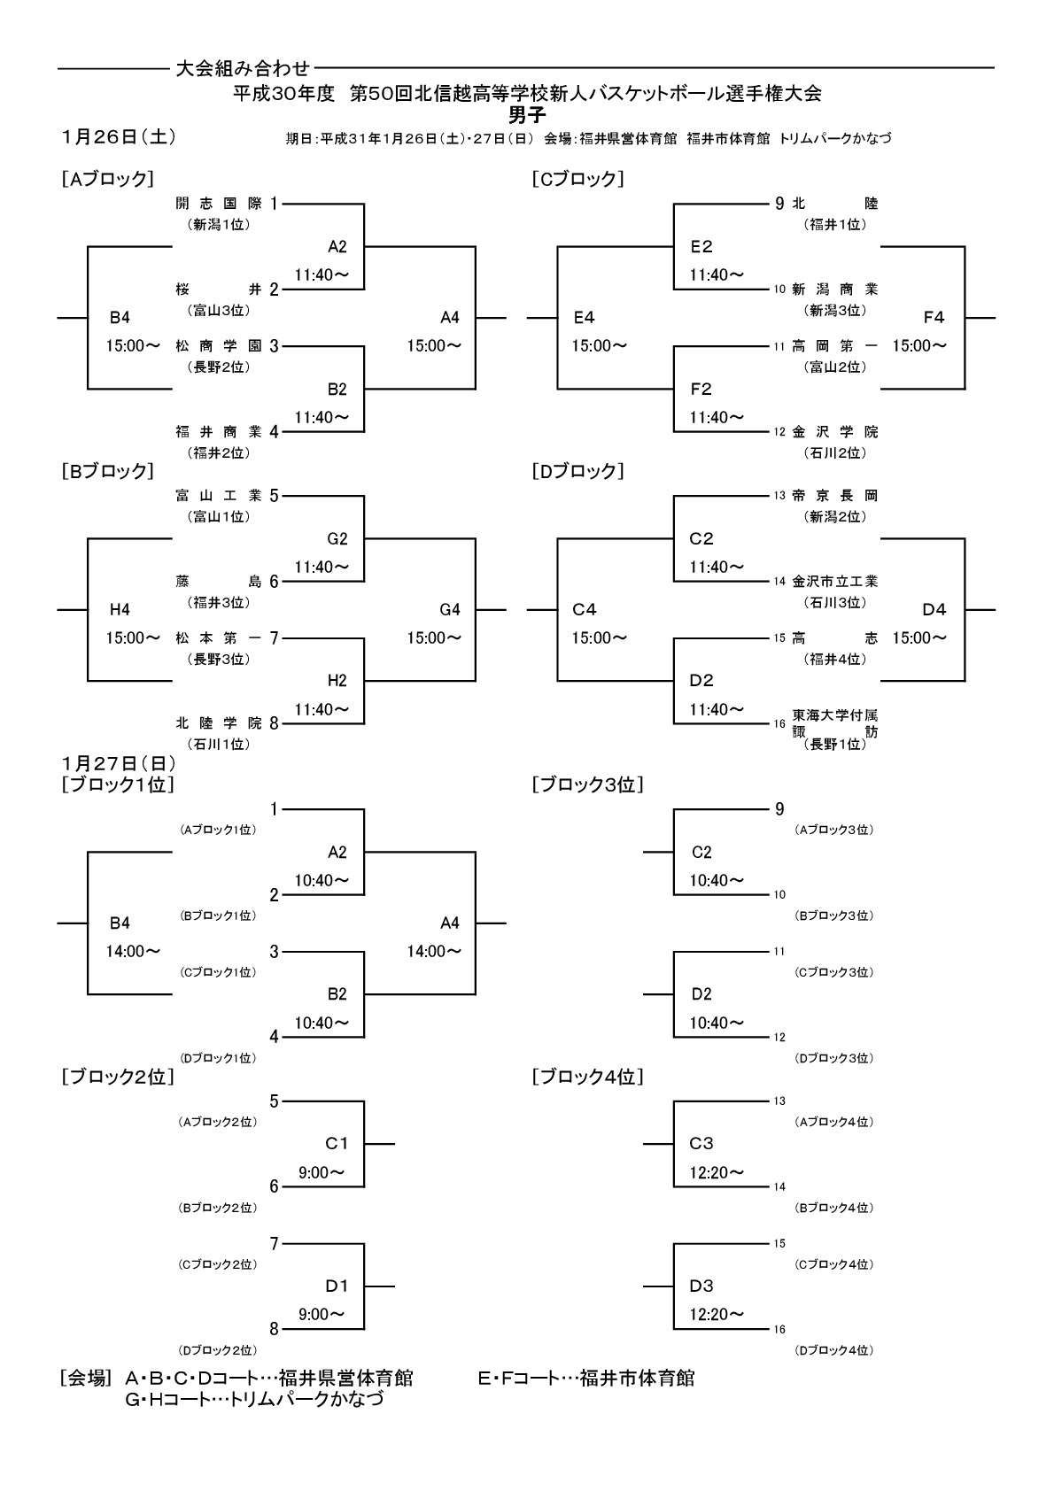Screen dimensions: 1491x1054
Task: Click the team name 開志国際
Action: click(219, 204)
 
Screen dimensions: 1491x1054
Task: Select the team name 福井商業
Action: click(219, 432)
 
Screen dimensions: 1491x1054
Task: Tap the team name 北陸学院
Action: click(219, 723)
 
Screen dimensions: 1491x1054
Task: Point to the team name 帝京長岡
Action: click(834, 496)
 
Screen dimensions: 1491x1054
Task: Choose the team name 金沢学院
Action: click(834, 432)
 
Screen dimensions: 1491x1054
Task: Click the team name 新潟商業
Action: click(834, 290)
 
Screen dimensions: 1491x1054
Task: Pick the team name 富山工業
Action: click(219, 496)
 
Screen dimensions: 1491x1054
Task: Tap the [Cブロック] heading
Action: click(578, 179)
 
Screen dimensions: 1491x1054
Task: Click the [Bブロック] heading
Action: click(108, 471)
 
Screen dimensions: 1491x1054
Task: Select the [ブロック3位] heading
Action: click(587, 784)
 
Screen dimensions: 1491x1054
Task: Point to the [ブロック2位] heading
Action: click(118, 1077)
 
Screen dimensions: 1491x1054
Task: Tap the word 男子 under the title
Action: click(527, 114)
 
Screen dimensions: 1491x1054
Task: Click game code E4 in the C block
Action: click(584, 317)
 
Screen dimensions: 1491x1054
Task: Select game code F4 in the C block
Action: click(934, 317)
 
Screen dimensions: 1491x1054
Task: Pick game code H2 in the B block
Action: click(337, 681)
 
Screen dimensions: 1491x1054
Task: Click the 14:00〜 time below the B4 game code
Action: click(133, 952)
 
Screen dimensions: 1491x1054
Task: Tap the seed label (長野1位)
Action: click(834, 745)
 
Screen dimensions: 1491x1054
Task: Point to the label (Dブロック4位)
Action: click(834, 1350)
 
